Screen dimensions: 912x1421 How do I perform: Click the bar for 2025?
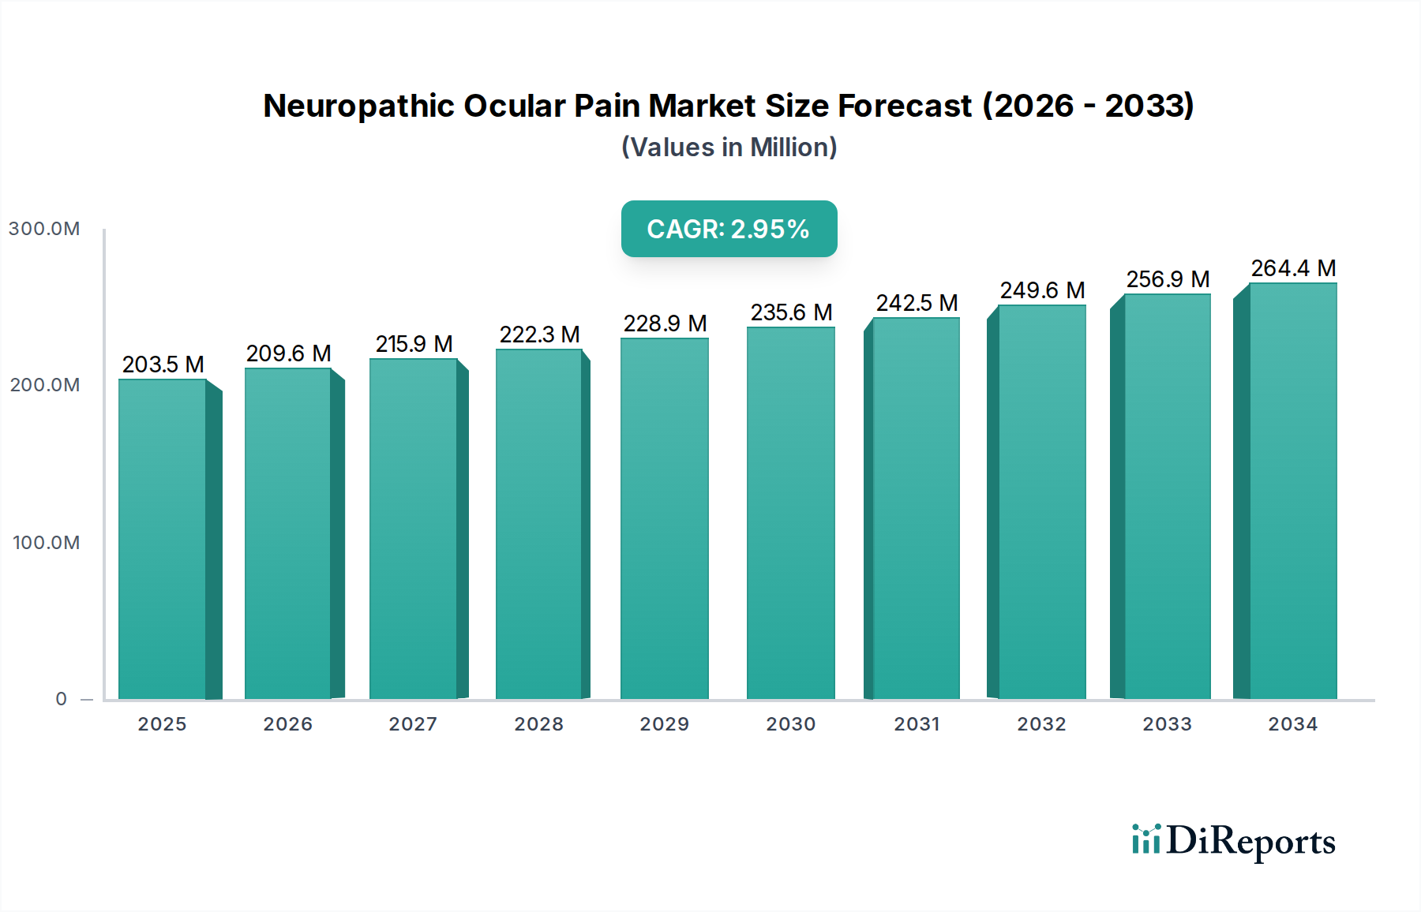point(163,540)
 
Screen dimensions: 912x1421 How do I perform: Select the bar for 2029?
point(664,519)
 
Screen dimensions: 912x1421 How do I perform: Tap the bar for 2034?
point(1292,491)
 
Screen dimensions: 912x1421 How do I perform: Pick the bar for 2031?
point(916,509)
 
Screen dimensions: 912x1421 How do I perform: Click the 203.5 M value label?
point(163,364)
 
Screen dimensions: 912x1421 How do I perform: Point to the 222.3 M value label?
point(539,335)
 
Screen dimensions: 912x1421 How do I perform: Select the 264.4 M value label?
point(1293,268)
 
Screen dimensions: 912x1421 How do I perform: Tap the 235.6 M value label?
point(791,312)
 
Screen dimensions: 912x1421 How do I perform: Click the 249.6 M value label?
point(1042,290)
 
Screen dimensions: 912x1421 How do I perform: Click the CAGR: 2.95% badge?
point(729,229)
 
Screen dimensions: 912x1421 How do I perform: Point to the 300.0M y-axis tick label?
point(44,229)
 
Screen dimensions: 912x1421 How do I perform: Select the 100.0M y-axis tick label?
point(46,543)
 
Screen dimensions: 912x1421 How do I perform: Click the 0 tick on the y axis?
point(61,699)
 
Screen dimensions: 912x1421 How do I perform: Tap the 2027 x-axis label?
point(413,724)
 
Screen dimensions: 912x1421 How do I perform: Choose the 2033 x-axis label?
point(1167,724)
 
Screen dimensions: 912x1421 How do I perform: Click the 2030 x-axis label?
point(790,724)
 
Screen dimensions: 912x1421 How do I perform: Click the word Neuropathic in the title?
point(358,106)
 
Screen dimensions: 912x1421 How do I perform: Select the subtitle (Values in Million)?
point(729,148)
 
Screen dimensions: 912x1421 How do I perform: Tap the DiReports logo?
point(1233,841)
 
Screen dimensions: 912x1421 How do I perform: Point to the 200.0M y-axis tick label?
point(44,385)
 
